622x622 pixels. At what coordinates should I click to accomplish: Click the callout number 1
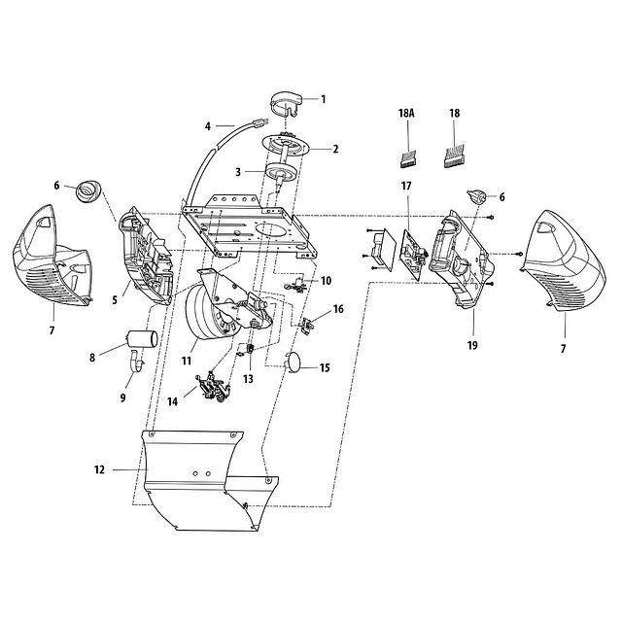point(324,98)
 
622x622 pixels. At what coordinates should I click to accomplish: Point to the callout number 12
point(98,469)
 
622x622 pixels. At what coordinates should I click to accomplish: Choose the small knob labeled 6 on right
point(476,196)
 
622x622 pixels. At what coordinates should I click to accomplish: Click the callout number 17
point(406,185)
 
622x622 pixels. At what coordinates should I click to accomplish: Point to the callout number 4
point(207,125)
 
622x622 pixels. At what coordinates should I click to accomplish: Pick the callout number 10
point(326,280)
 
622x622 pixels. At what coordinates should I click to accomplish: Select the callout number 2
point(335,150)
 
